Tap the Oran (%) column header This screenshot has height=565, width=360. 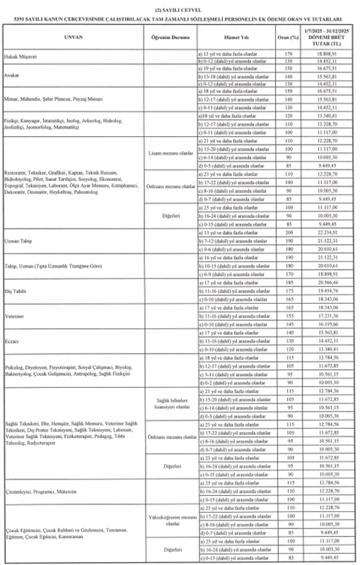point(285,37)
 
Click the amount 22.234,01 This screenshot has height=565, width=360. point(326,232)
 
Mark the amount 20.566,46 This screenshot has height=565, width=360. point(326,284)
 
